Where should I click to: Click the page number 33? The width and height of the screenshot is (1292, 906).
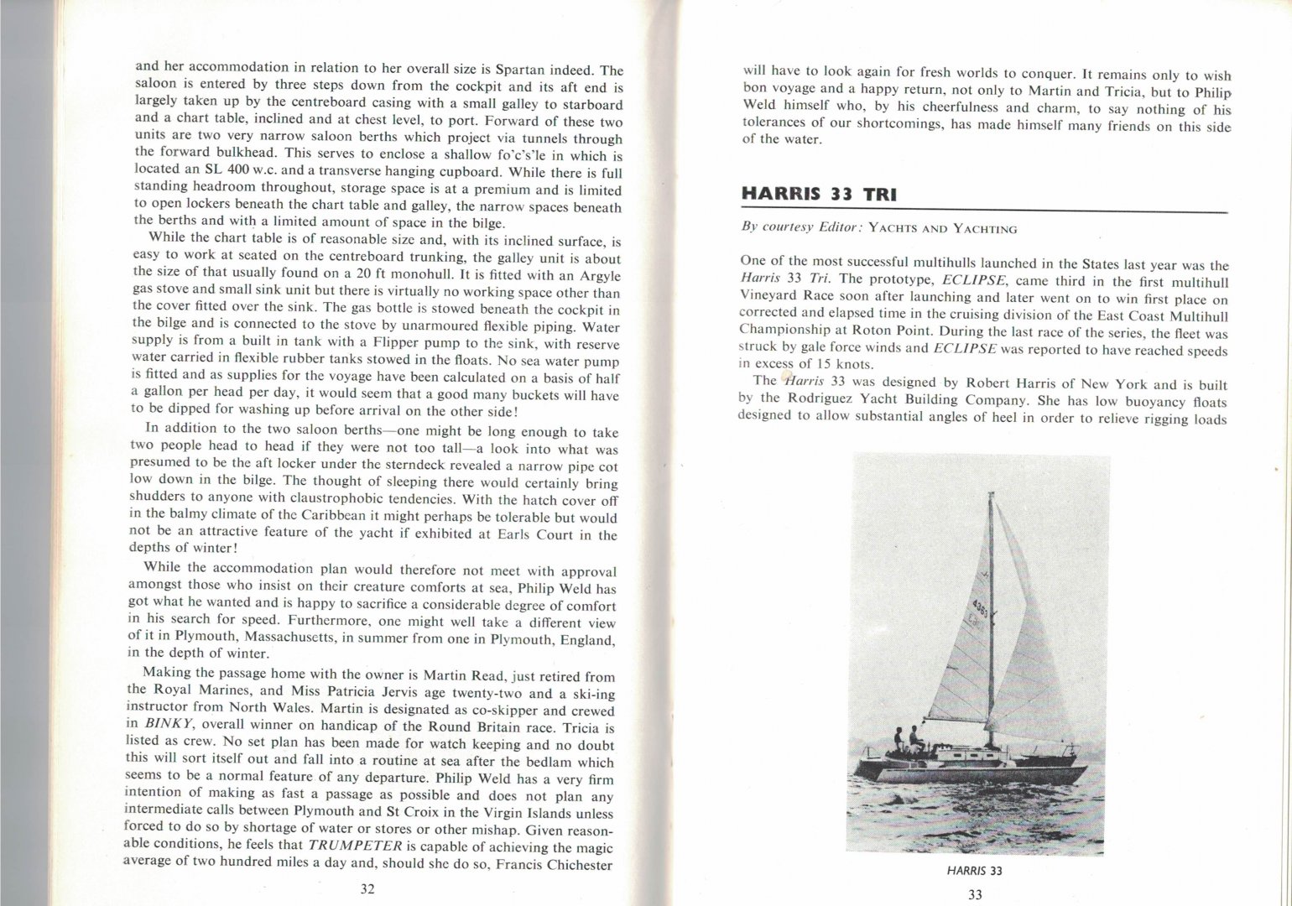[975, 894]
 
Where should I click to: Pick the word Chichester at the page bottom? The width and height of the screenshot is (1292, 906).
[582, 865]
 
